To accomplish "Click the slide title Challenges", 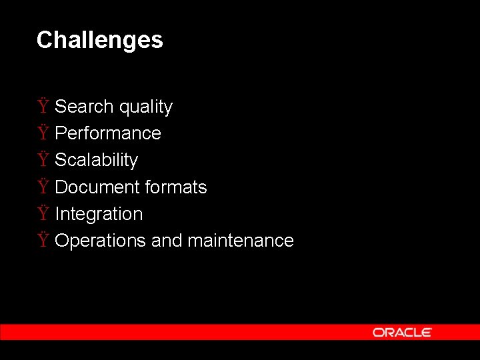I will pos(99,40).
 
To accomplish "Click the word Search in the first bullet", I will pos(84,107).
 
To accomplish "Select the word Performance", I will pos(108,133).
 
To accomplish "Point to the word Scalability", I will pos(96,161).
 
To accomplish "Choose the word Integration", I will pos(99,215).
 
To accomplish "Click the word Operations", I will pos(101,241).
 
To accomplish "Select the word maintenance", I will pos(241,241).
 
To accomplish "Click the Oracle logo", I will pos(402,332).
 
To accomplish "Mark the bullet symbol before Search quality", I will pos(43,106).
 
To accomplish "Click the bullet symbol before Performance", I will pos(43,133).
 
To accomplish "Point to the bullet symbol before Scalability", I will pos(43,159).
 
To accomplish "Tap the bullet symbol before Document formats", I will pos(43,187).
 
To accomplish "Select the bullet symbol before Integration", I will pos(43,213).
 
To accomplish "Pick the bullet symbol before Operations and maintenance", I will pos(43,240).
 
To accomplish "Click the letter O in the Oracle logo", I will pos(378,332).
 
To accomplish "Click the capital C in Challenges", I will pos(44,40).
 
